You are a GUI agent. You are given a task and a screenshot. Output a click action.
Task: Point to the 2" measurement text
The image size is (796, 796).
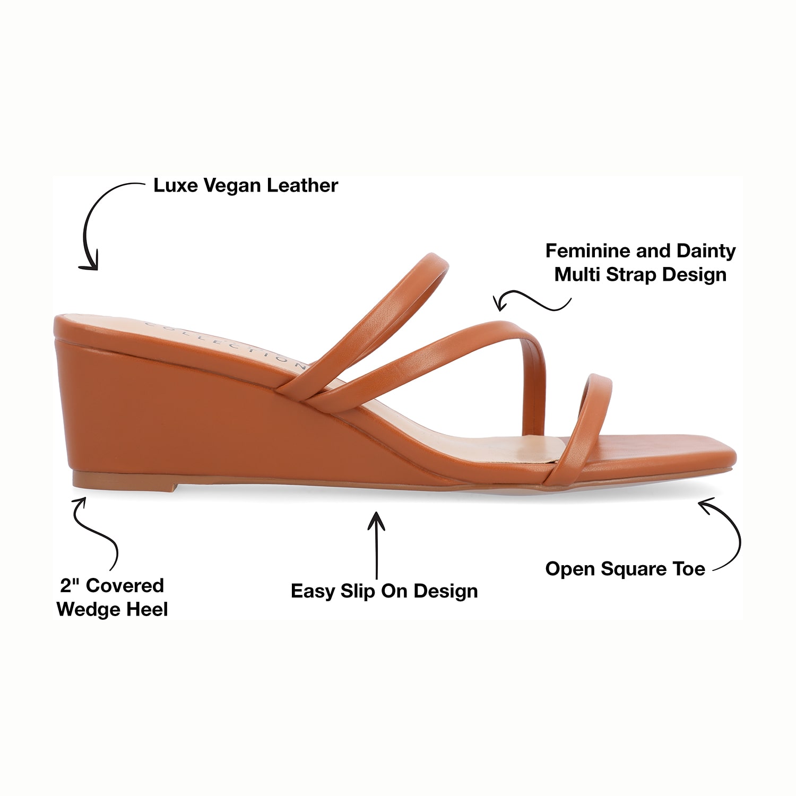pyautogui.click(x=70, y=585)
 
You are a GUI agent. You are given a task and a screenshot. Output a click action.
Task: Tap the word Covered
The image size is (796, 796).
pyautogui.click(x=125, y=585)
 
